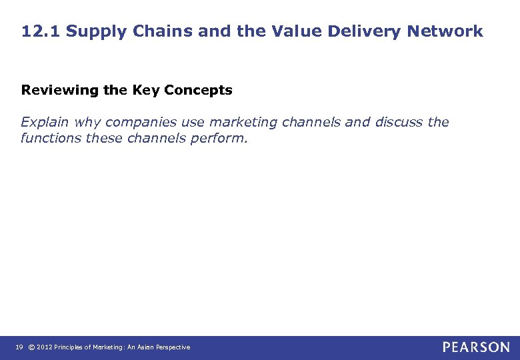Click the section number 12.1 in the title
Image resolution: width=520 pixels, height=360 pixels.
pos(41,31)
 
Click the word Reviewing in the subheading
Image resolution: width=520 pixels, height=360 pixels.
pos(55,90)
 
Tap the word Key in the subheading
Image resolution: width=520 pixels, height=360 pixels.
pos(145,90)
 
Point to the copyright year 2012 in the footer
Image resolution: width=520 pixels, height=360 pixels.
pos(44,347)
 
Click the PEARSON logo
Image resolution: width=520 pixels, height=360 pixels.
pos(476,347)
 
